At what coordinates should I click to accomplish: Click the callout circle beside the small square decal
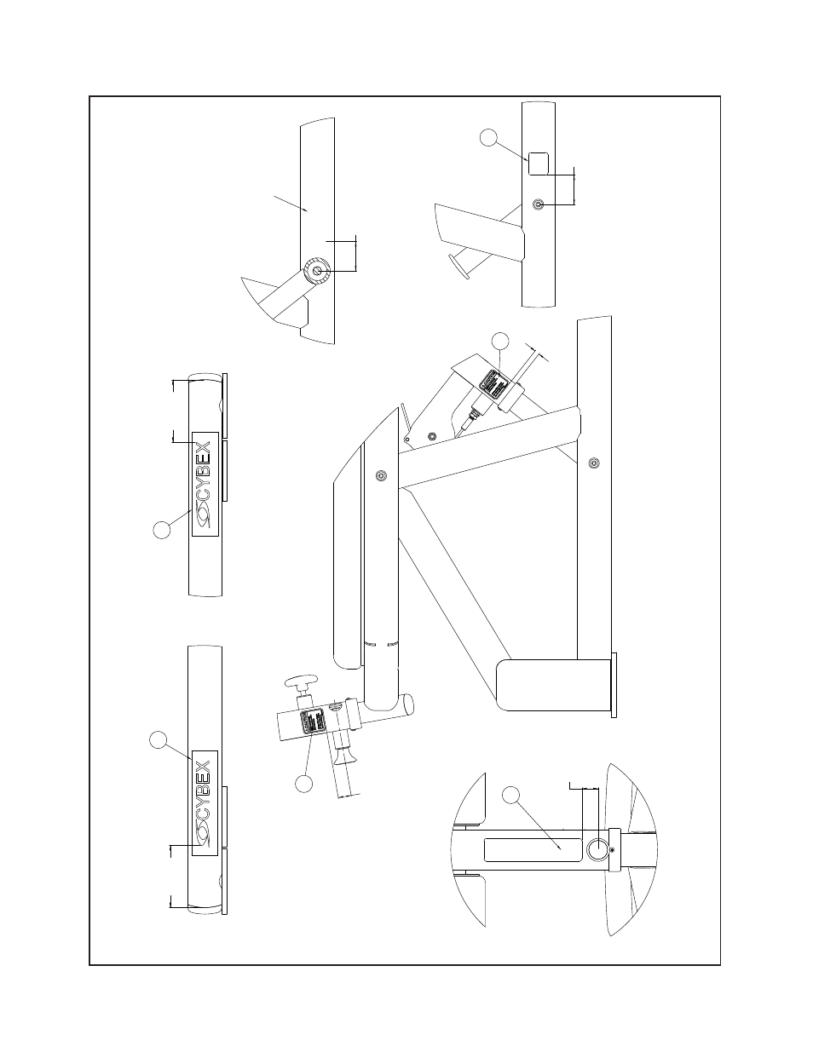tap(489, 137)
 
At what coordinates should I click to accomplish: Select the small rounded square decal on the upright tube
tap(539, 163)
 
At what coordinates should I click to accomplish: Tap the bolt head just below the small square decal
tap(539, 204)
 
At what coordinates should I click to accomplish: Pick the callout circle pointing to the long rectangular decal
tap(510, 796)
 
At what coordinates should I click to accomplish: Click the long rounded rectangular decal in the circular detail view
tap(533, 848)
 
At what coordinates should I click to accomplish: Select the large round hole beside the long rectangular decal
tap(599, 849)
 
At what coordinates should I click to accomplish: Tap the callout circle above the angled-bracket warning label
tap(501, 342)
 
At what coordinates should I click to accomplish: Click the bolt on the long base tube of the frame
tap(594, 463)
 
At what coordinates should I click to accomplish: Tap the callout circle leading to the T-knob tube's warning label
tap(304, 782)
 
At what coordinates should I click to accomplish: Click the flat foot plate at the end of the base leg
tap(614, 686)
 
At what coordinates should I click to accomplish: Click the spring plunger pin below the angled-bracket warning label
tap(470, 417)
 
